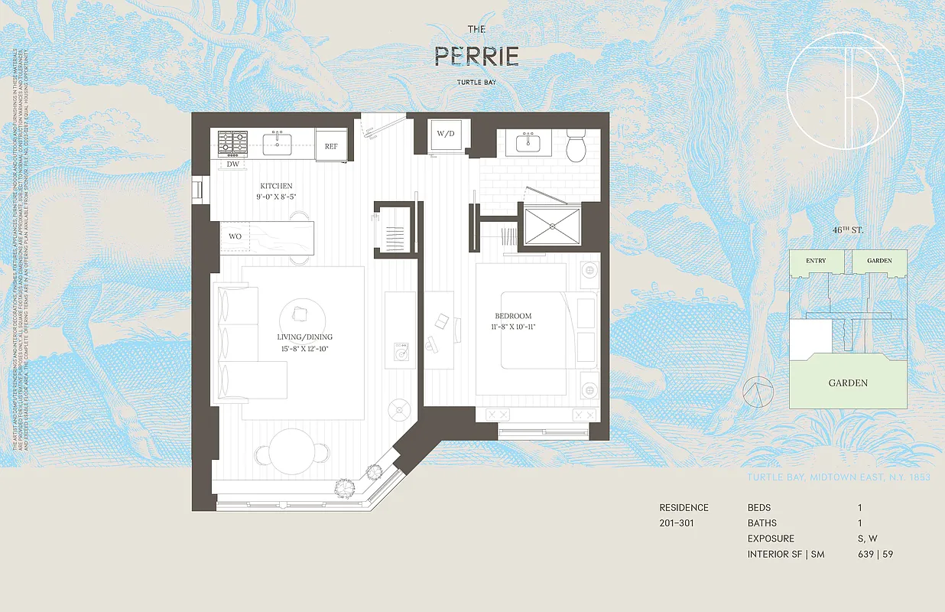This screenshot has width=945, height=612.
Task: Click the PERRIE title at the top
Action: pos(476,57)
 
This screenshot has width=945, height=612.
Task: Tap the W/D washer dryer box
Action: pos(445,134)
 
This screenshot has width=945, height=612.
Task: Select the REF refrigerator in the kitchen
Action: pos(331,145)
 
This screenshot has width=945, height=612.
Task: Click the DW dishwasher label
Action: pos(233,164)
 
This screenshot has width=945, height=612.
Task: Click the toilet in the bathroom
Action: pos(576,145)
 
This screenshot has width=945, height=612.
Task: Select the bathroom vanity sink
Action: pos(528,143)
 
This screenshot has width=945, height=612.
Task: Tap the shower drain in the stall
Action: pos(550,226)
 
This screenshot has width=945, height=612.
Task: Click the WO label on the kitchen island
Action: pos(235,236)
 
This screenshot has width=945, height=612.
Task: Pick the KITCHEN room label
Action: pos(275,186)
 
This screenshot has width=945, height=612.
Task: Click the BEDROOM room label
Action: pos(512,316)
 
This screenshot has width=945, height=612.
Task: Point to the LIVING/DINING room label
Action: pos(304,337)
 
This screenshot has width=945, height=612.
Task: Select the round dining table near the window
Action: pos(291,449)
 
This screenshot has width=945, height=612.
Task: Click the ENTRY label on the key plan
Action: pos(816,261)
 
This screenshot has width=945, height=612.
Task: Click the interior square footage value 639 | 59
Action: pos(875,554)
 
